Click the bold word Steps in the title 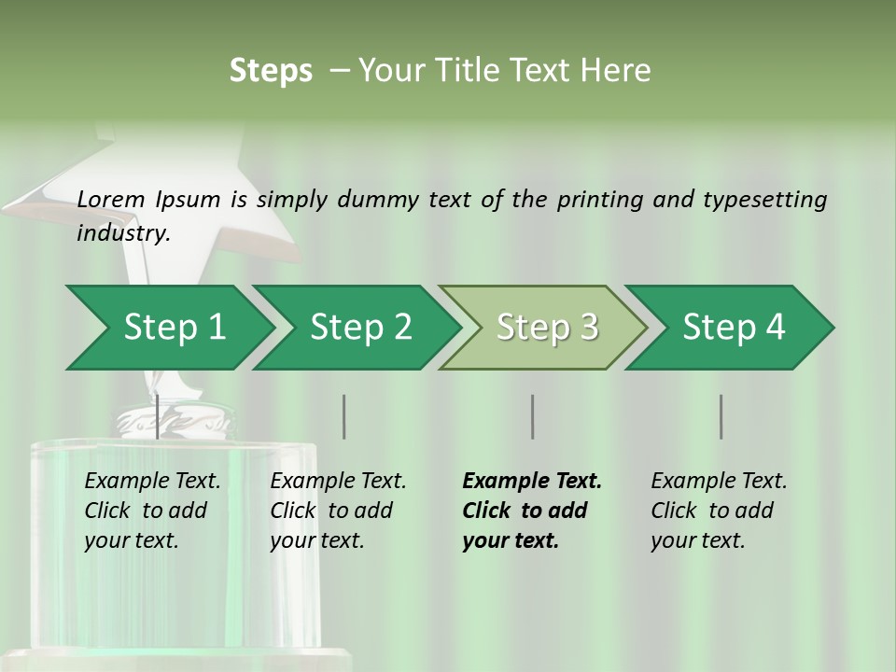point(271,71)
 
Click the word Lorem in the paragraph point(111,199)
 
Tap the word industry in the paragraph point(122,233)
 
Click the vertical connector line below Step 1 point(157,416)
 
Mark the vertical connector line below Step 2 point(344,416)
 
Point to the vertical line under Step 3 point(533,416)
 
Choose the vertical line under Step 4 point(721,416)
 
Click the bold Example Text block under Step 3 point(531,511)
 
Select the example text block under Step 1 point(152,511)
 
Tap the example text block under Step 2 point(338,511)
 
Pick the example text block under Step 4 point(719,511)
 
